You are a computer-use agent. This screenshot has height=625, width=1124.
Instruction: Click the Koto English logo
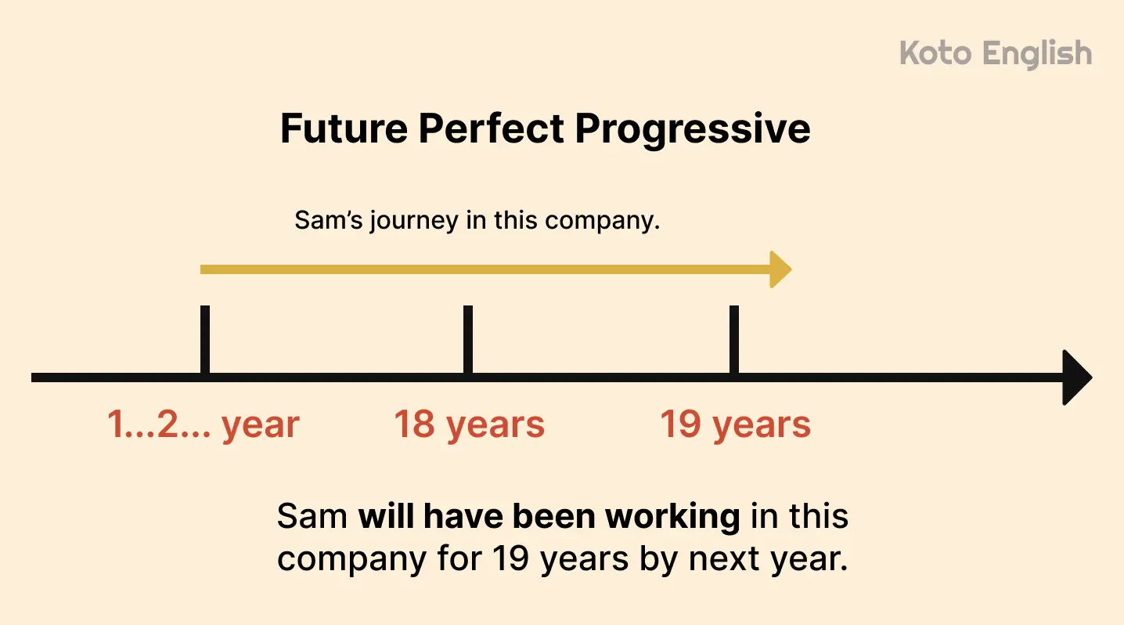pyautogui.click(x=996, y=54)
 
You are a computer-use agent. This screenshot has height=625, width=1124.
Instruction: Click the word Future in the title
pyautogui.click(x=342, y=128)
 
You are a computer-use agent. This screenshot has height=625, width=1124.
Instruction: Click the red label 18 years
pyautogui.click(x=469, y=424)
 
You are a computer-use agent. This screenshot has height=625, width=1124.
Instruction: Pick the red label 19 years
pyautogui.click(x=735, y=424)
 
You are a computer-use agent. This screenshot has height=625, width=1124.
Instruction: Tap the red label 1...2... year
pyautogui.click(x=204, y=424)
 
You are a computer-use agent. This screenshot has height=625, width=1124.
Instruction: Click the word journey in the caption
pyautogui.click(x=413, y=221)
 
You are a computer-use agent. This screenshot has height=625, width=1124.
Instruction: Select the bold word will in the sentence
pyautogui.click(x=387, y=517)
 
